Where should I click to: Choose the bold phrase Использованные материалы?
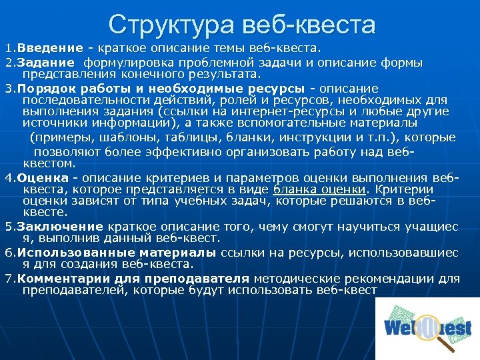pos(116,253)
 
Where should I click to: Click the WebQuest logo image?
pos(427,329)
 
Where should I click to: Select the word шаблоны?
pos(124,137)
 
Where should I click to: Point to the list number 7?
pos(8,279)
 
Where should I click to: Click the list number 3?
pos(8,89)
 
